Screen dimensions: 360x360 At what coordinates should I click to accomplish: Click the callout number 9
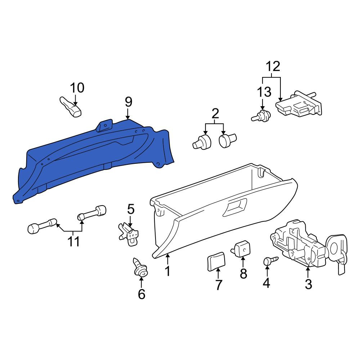tap(129, 102)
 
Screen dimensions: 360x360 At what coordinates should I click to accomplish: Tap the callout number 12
tap(273, 67)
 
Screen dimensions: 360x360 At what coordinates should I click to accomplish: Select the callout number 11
tap(73, 242)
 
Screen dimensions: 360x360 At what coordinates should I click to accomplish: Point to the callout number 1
tap(168, 271)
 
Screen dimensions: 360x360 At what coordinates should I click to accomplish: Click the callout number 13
tap(264, 91)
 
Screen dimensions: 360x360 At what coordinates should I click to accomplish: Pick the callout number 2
tap(215, 113)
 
